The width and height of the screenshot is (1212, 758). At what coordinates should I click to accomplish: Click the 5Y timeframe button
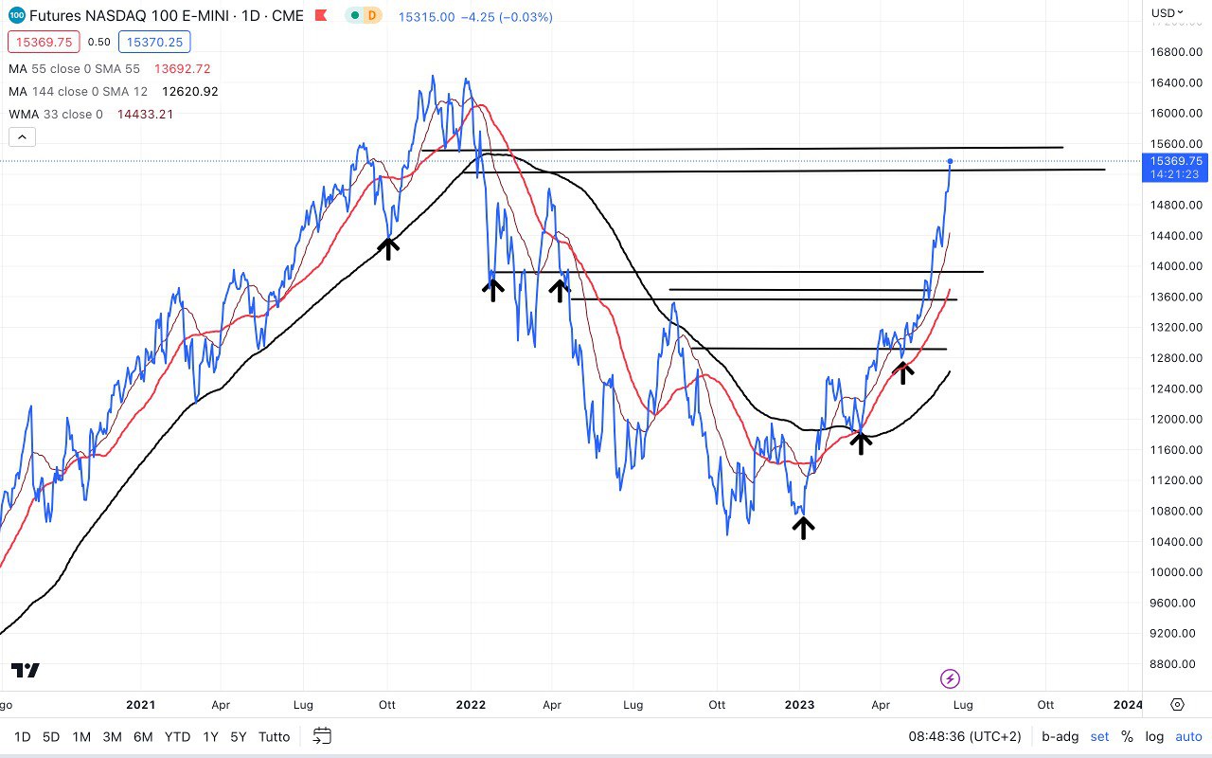240,736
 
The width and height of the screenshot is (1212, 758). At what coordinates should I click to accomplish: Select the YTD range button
177,736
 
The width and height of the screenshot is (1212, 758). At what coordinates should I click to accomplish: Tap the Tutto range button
275,736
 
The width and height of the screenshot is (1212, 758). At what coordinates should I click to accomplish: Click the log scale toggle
1154,736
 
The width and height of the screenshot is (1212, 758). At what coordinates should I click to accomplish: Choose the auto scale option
1188,736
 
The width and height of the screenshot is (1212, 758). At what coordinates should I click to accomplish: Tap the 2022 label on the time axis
471,705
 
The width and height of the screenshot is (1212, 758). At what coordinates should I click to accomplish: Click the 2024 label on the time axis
1128,705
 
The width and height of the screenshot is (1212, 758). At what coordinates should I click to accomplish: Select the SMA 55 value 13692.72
183,69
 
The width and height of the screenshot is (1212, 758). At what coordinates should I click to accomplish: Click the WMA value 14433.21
145,115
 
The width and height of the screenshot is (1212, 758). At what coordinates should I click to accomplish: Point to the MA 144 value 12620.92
190,92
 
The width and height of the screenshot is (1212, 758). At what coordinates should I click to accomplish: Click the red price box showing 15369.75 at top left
44,42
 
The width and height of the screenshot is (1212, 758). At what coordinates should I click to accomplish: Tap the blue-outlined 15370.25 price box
154,42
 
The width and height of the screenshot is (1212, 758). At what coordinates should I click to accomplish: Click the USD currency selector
1165,13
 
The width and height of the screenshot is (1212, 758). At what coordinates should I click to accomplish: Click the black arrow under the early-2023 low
803,527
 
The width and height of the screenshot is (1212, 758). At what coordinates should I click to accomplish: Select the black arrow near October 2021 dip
388,248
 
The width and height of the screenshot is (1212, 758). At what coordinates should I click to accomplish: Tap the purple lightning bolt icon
950,678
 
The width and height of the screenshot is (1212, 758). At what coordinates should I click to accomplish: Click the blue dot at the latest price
950,161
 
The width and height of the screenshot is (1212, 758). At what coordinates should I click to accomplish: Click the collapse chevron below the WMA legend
22,136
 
